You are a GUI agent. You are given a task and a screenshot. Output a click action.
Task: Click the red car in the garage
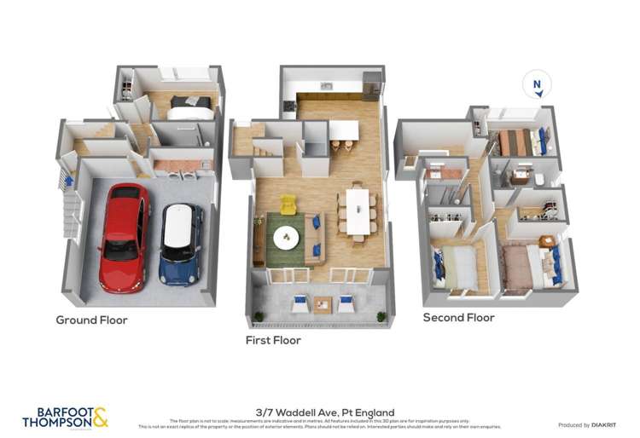click(124, 237)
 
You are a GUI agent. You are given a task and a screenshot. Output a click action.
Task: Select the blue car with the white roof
click(180, 242)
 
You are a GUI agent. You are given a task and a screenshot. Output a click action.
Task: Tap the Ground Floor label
click(91, 320)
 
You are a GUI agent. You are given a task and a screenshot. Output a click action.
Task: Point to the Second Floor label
click(458, 318)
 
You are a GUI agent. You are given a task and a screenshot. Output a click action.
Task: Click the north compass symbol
click(537, 85)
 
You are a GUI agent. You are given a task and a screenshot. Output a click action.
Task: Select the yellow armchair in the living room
click(288, 205)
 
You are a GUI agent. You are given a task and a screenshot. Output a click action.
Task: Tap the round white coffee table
click(286, 238)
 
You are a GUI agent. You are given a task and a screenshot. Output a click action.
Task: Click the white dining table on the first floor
click(357, 210)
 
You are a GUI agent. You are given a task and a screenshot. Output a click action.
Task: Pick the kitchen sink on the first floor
click(326, 86)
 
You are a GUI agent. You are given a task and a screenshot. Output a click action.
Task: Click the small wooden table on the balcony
click(323, 303)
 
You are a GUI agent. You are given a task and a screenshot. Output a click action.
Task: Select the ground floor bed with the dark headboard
click(189, 107)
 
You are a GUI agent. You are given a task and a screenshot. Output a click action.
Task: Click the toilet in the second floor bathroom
click(539, 180)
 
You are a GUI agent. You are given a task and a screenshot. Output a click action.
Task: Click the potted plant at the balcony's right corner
click(381, 316)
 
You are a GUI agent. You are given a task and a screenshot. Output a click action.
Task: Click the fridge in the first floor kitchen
click(371, 85)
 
